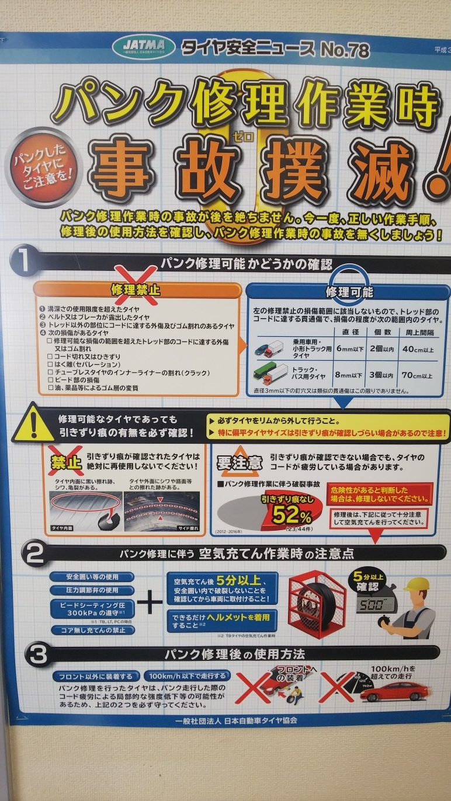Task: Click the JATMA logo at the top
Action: [x=148, y=46]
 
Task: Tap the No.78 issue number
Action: [x=345, y=50]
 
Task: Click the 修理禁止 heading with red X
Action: [x=136, y=290]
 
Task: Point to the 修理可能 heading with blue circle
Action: [x=349, y=291]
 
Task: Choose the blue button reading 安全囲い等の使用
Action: [x=92, y=576]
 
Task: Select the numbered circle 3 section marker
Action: [x=37, y=655]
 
